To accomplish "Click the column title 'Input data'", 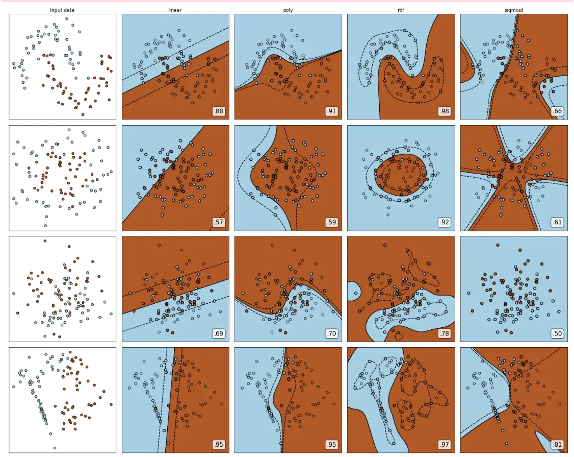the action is point(62,10).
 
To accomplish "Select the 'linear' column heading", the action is point(175,10).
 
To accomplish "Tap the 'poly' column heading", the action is point(288,10).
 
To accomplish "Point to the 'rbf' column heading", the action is point(401,10).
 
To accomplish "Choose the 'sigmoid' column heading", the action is point(514,10).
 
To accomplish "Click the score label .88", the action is point(219,111).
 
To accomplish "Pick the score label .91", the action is point(331,111).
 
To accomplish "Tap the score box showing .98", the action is point(445,111).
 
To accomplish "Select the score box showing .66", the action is point(557,111).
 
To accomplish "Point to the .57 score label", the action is point(219,222).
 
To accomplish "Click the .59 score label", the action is point(331,222).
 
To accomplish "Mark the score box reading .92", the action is point(445,222).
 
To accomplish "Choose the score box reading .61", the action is point(557,222).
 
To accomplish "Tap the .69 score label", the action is point(219,333).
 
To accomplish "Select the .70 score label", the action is point(331,333).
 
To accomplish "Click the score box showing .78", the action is point(445,333).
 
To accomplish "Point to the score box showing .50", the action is point(557,333).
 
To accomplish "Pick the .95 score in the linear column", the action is point(219,445).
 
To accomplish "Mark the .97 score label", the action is point(445,445).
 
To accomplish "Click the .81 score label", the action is point(557,445).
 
